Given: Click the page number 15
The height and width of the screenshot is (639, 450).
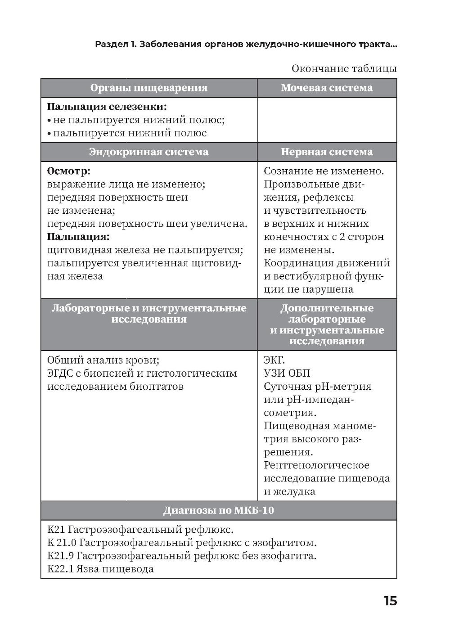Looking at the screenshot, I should (x=390, y=601).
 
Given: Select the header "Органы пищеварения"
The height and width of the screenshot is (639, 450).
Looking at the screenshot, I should (x=149, y=88).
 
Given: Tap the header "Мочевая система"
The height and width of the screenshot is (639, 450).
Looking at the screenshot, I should (x=327, y=88).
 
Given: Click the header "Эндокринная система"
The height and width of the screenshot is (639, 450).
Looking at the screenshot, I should (x=149, y=152).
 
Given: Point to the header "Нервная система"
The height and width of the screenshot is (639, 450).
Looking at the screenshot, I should (x=327, y=152).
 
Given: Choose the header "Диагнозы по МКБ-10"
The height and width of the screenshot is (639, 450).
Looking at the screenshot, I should (x=219, y=511).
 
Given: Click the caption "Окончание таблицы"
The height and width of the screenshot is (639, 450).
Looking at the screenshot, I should (x=344, y=69).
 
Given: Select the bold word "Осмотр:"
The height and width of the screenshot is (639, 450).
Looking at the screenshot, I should (x=68, y=171).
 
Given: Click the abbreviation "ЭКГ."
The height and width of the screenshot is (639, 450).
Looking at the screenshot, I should (x=274, y=360).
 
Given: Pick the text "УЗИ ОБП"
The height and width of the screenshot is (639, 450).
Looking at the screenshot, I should (x=287, y=373).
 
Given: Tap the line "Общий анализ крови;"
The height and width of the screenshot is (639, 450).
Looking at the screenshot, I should (x=103, y=360).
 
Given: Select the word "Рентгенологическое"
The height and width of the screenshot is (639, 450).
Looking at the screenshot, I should (x=316, y=465).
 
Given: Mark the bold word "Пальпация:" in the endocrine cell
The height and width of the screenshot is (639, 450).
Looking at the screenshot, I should (x=78, y=237).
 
